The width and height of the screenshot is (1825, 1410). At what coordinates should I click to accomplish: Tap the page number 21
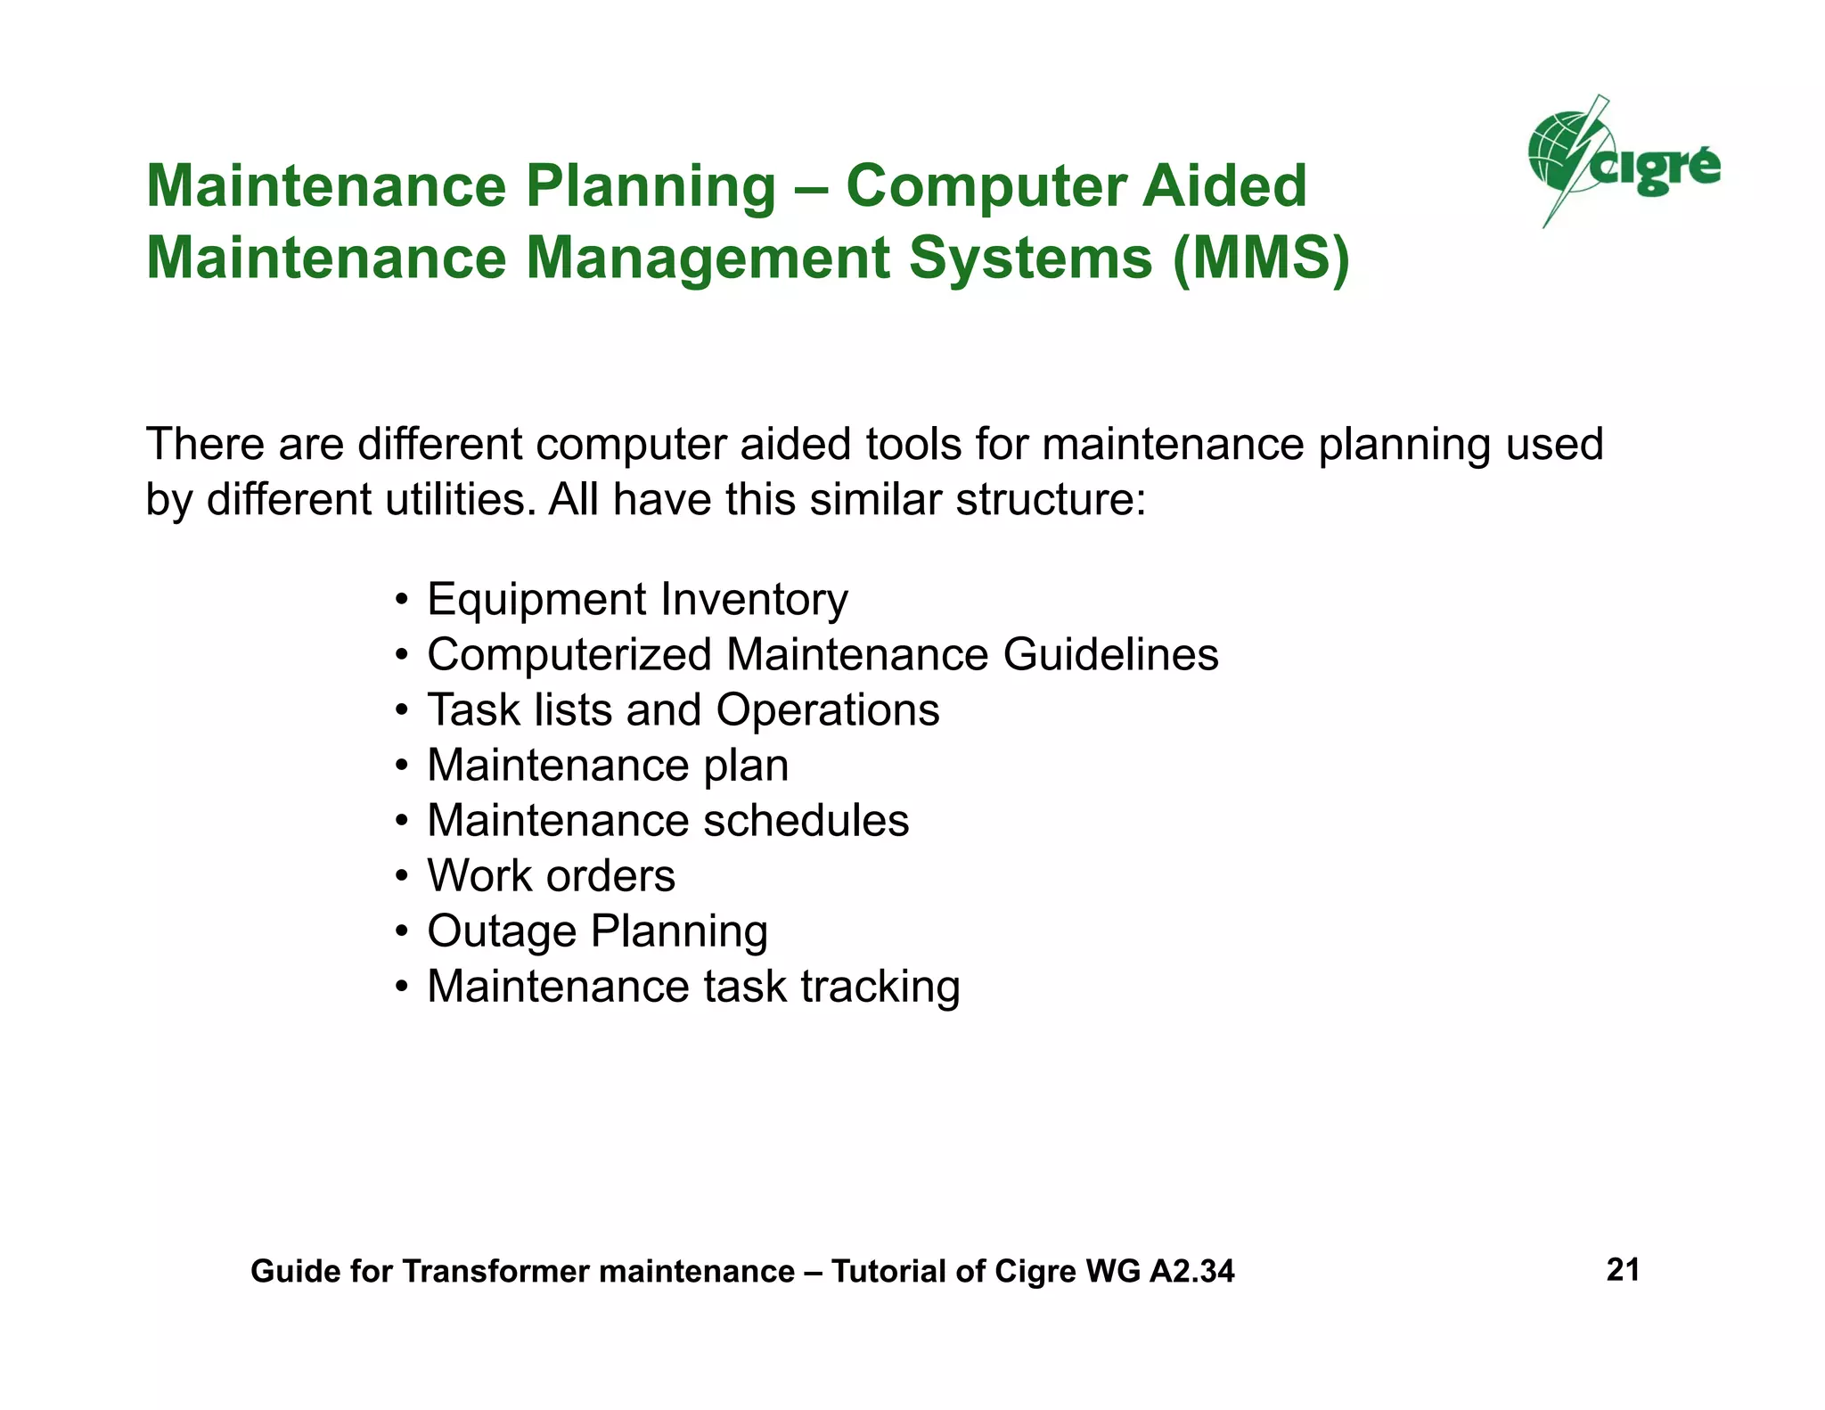[1623, 1269]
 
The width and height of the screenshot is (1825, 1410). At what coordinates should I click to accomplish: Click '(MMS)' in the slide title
[1261, 258]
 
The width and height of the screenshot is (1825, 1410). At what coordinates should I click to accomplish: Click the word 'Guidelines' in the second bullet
[1110, 654]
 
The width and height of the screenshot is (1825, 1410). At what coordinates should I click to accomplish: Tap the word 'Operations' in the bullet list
[828, 710]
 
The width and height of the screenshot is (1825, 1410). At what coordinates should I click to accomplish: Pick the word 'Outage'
[502, 932]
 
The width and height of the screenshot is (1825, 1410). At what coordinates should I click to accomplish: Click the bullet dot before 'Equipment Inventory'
[403, 600]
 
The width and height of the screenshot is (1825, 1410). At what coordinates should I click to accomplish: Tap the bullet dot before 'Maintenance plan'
[403, 766]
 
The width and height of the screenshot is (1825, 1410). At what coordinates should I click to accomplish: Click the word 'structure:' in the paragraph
[1051, 499]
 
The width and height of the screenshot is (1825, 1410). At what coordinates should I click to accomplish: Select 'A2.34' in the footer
[1191, 1271]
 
